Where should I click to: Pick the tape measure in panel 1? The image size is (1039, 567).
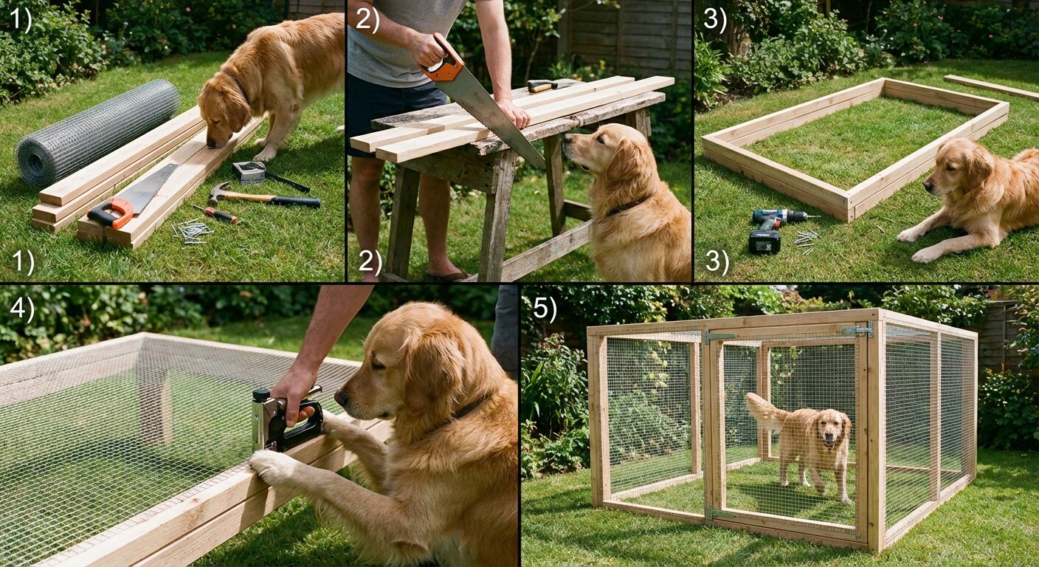click(249, 171)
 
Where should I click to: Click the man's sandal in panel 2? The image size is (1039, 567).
click(447, 275)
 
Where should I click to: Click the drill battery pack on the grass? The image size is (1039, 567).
click(764, 241)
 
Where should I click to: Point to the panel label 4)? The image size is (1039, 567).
click(21, 309)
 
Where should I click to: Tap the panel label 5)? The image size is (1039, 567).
click(545, 309)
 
